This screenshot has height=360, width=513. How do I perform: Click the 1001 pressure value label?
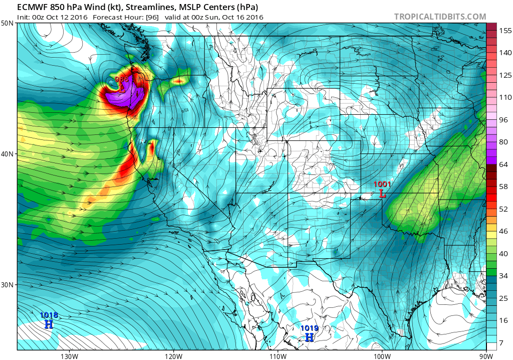point(382,185)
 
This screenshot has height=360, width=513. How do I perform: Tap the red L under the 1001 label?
point(383,193)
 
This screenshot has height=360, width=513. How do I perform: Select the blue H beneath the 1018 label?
point(49,324)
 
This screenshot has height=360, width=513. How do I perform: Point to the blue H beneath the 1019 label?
point(310,337)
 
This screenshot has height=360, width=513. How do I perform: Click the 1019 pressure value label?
point(310,328)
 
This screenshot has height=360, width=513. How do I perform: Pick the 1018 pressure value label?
point(49,315)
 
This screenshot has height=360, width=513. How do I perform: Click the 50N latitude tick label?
point(8,24)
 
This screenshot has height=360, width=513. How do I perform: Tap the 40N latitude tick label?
point(8,154)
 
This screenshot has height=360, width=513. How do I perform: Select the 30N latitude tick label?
point(8,284)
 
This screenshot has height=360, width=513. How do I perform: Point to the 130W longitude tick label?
point(69,355)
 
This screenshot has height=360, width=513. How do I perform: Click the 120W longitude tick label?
point(173,355)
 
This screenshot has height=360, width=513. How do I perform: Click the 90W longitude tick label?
point(485,355)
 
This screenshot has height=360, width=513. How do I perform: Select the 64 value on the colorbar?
point(502,164)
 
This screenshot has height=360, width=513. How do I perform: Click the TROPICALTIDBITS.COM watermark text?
point(440,17)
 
